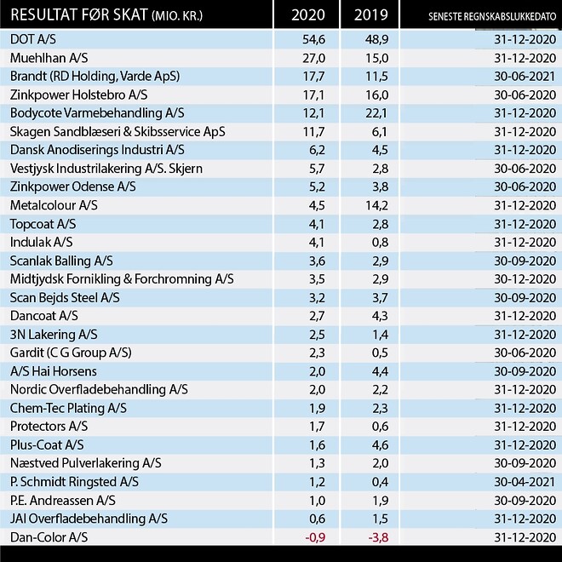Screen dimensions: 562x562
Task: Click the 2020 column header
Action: [308, 15]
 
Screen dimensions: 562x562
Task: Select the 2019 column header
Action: [371, 15]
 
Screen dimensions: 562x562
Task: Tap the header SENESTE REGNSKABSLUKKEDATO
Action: [492, 16]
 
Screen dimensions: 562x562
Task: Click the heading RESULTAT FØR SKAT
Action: [79, 15]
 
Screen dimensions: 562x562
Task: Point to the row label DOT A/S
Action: [33, 39]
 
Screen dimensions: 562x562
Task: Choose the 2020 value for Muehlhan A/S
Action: [313, 58]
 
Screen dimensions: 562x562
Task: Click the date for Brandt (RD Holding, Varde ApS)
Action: [525, 76]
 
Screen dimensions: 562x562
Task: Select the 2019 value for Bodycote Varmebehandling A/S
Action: [376, 113]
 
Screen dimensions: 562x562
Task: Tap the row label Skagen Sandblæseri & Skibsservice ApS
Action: [118, 132]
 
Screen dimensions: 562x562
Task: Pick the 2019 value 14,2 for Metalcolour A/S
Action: [376, 205]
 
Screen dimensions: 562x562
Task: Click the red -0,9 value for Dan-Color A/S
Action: [315, 537]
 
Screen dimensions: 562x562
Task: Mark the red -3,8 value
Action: [378, 537]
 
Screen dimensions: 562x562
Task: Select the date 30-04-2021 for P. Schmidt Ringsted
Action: [525, 482]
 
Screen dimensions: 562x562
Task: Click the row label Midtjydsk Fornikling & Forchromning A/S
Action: [122, 279]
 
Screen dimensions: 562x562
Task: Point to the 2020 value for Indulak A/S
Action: [317, 243]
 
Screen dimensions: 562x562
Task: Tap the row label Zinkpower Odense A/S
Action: [72, 186]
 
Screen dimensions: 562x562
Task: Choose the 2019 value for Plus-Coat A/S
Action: [380, 444]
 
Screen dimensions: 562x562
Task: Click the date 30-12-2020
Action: [525, 279]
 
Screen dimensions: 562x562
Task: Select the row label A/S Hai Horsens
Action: [54, 371]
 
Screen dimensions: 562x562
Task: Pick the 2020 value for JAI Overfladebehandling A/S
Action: [317, 519]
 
